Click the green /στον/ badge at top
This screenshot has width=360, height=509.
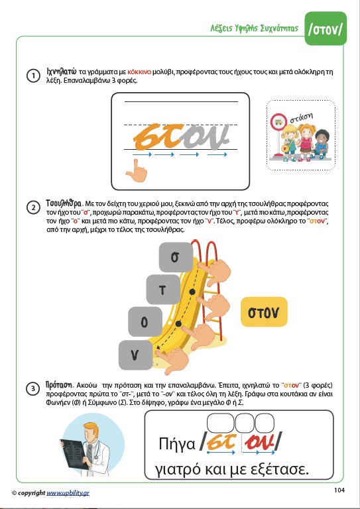(x=326, y=28)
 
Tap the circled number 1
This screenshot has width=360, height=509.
(x=33, y=76)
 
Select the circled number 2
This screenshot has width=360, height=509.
(x=33, y=208)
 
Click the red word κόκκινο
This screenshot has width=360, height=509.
(x=140, y=72)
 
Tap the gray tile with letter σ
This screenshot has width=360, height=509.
(x=176, y=256)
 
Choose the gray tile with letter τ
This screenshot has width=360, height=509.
(x=163, y=289)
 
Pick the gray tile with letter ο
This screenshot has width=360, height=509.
(x=145, y=321)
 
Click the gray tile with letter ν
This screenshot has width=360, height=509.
(x=136, y=355)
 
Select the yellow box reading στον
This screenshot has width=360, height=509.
(x=264, y=312)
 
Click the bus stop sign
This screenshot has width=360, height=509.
(x=278, y=123)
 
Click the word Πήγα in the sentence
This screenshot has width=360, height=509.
(x=177, y=444)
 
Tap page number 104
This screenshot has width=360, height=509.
(x=339, y=490)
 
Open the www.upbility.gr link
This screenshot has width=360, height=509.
(x=68, y=493)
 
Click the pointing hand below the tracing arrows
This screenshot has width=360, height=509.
(x=137, y=172)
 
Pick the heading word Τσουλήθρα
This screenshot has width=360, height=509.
(x=64, y=204)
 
